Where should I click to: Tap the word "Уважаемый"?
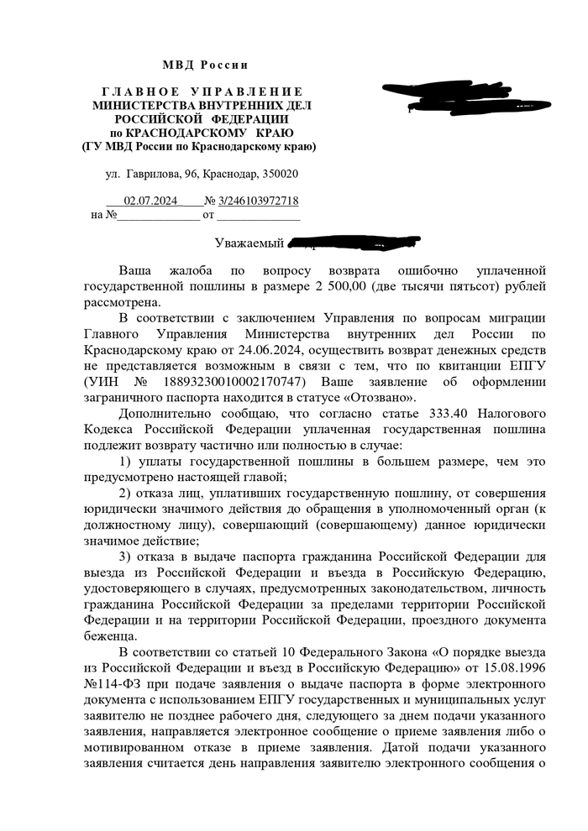(248, 244)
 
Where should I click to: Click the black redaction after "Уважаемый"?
(353, 243)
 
